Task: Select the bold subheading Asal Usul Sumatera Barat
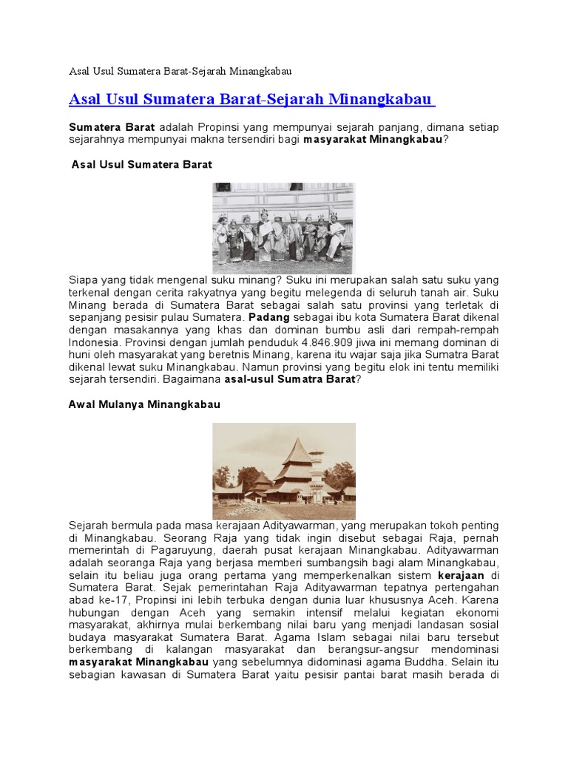coord(141,164)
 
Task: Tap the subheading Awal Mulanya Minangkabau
coord(144,405)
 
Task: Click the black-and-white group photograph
coord(283,228)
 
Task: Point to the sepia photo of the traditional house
coord(284,470)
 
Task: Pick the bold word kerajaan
coord(462,576)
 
